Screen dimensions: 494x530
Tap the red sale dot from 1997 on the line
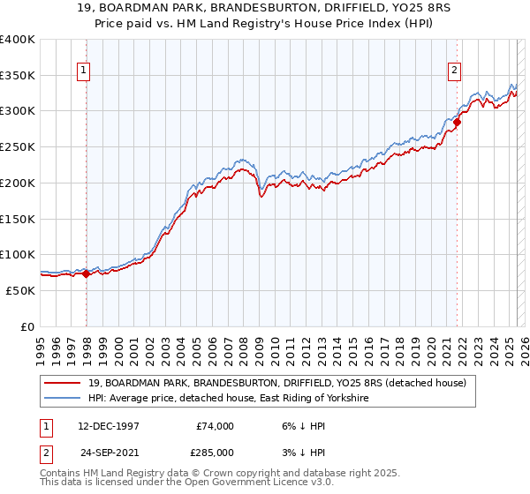tap(86, 273)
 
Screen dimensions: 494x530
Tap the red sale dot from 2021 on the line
tap(457, 123)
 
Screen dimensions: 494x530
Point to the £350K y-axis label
tap(18, 76)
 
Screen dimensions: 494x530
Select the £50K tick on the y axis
tap(21, 290)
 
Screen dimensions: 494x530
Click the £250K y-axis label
tap(18, 147)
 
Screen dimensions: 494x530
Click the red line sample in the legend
tap(64, 382)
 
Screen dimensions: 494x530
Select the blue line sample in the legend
tap(64, 399)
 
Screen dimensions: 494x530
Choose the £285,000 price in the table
tap(216, 453)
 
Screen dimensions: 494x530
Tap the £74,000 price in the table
tap(216, 426)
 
